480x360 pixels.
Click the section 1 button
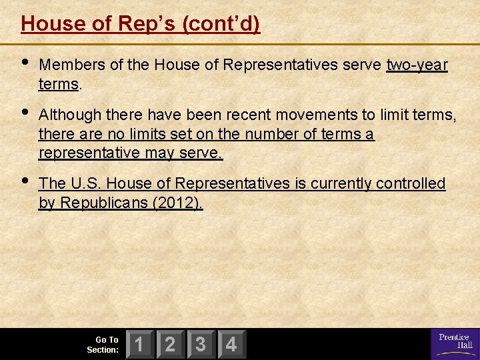[x=140, y=345]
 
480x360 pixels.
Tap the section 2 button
[x=171, y=345]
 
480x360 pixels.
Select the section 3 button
[x=201, y=345]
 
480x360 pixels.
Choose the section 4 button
[x=231, y=345]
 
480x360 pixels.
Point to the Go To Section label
[x=103, y=345]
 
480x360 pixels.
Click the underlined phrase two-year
[x=417, y=65]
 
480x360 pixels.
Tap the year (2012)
[x=178, y=203]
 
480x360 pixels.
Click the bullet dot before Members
[x=25, y=63]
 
